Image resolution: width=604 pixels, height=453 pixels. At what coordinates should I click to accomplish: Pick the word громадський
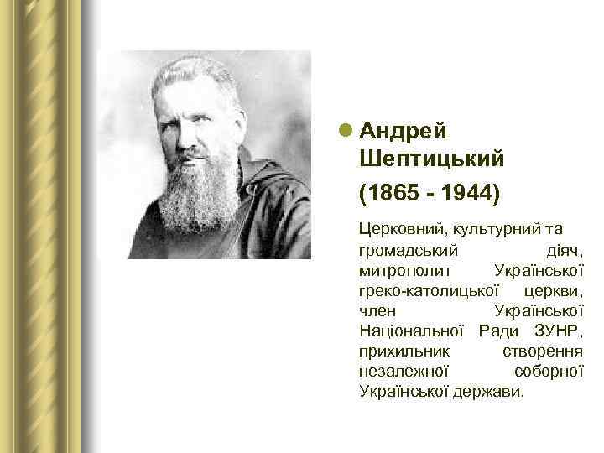407,251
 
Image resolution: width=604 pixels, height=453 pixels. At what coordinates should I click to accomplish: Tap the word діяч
565,251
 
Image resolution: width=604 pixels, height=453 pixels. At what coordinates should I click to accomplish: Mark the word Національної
412,331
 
